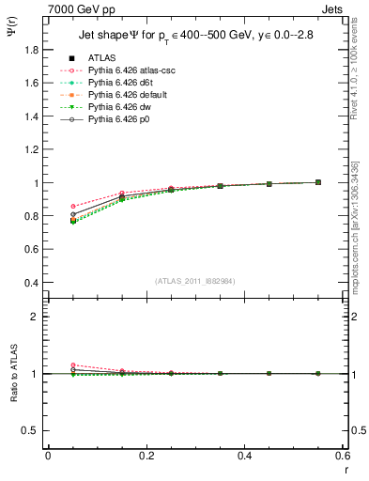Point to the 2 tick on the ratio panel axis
tap(36, 317)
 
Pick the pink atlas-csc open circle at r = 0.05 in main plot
tap(73, 206)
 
